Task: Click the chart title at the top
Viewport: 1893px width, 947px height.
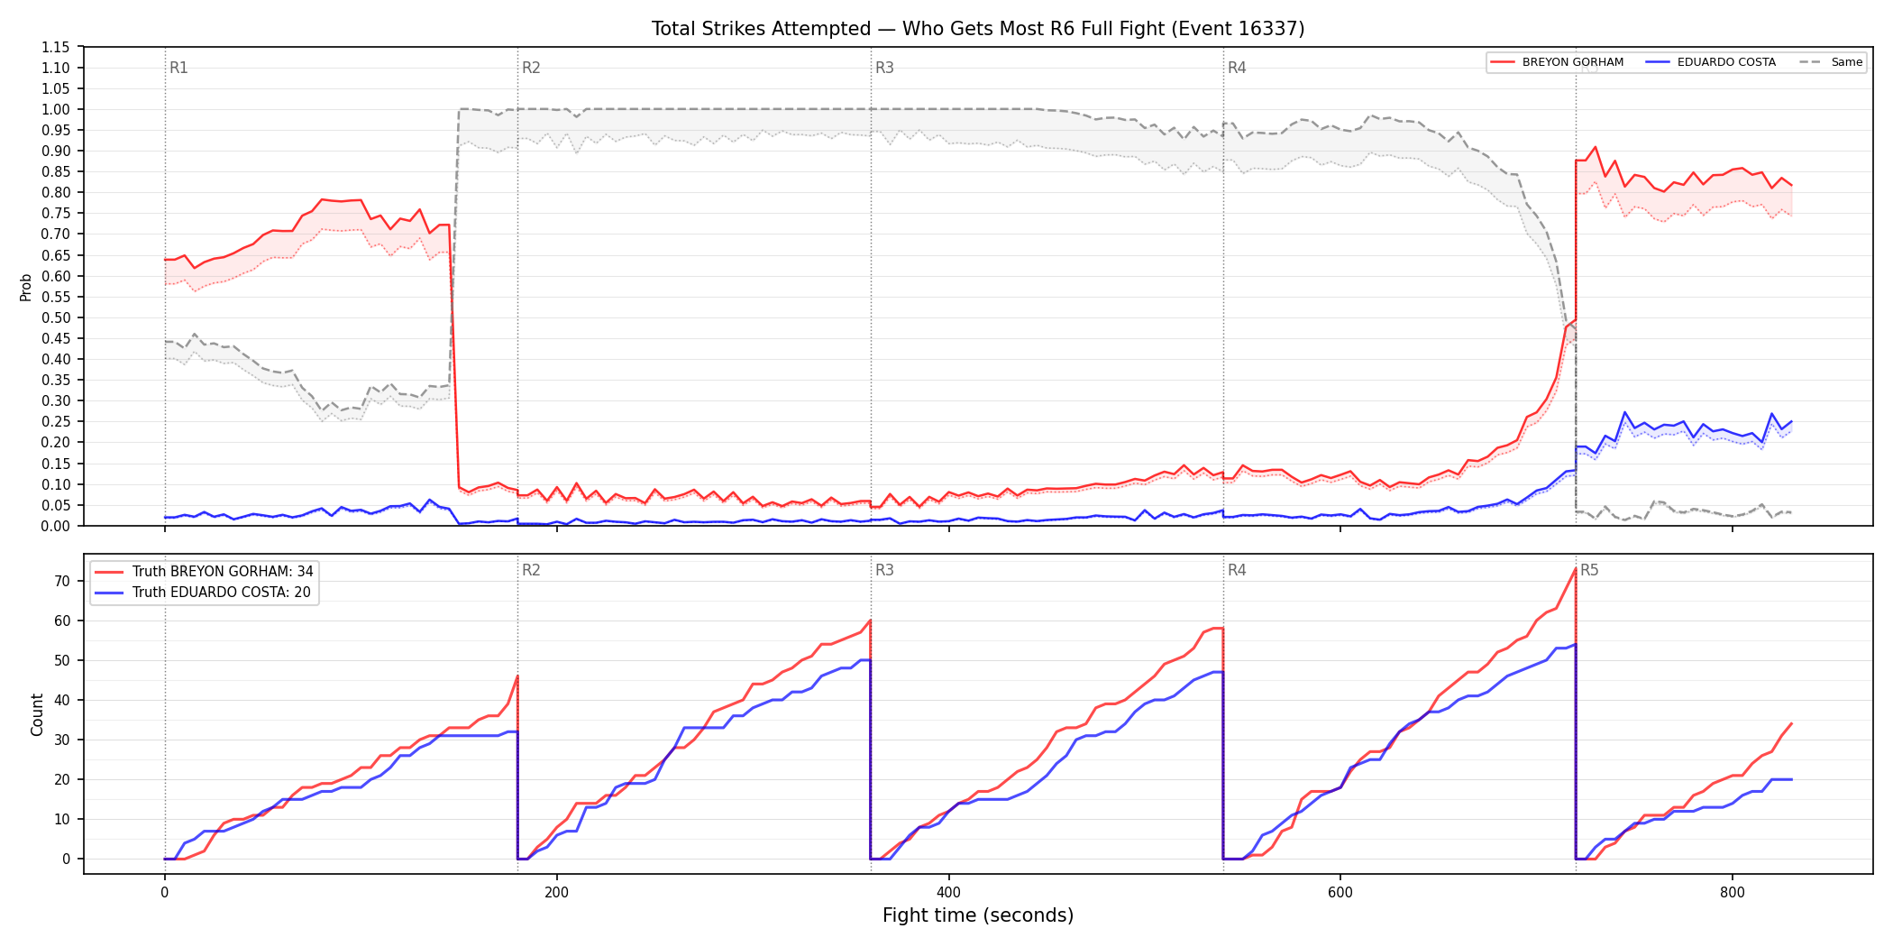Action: click(978, 29)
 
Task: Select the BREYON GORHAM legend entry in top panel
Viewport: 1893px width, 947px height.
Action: click(1557, 62)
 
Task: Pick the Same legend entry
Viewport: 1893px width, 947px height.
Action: click(1831, 62)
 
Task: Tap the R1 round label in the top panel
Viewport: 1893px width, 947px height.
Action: click(178, 68)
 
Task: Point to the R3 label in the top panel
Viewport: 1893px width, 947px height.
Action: click(884, 68)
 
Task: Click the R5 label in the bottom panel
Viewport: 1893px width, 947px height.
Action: click(1589, 570)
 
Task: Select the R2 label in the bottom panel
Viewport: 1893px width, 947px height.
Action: click(531, 570)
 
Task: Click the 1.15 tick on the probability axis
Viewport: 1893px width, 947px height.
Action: click(55, 47)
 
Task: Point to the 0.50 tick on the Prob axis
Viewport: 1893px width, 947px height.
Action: click(55, 317)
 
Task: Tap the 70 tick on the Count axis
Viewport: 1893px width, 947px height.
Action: click(61, 581)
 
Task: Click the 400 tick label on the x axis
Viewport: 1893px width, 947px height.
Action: click(948, 893)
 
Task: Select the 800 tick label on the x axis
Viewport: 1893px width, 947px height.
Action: click(1732, 893)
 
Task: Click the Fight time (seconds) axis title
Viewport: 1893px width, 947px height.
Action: click(978, 915)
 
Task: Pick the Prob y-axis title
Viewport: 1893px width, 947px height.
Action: click(26, 287)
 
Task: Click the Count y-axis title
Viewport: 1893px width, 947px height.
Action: click(37, 714)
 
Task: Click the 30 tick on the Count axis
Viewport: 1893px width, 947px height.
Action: click(61, 740)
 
